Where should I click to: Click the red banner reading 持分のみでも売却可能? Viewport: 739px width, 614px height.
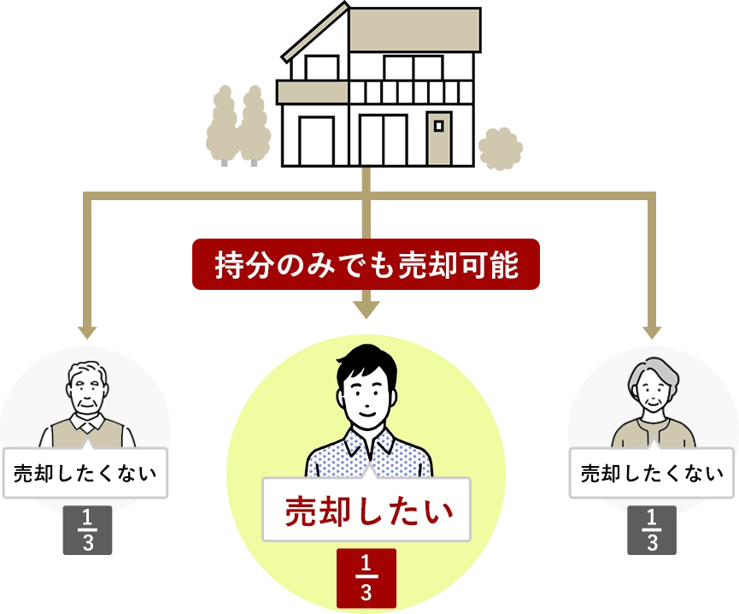[366, 265]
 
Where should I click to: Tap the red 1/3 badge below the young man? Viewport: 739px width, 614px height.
[366, 577]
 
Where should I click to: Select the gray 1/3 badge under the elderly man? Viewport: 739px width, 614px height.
[88, 532]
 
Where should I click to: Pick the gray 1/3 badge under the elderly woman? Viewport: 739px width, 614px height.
[651, 532]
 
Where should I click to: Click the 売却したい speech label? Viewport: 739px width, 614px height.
[367, 510]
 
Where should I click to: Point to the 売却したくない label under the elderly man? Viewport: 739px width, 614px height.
[86, 472]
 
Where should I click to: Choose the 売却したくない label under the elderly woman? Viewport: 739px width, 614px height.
[652, 473]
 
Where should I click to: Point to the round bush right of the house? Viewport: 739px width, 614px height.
[501, 147]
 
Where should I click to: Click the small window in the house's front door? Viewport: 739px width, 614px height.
[438, 126]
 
